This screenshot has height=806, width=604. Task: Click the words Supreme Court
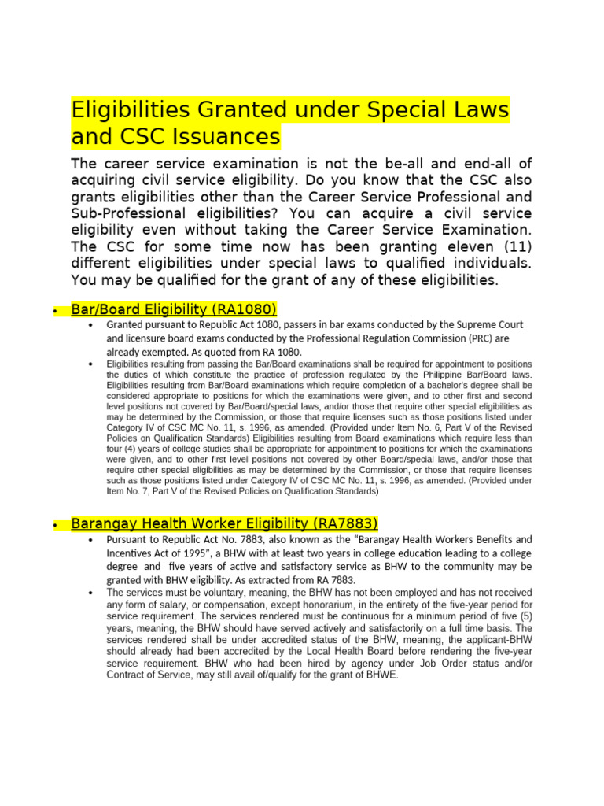tap(486, 324)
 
